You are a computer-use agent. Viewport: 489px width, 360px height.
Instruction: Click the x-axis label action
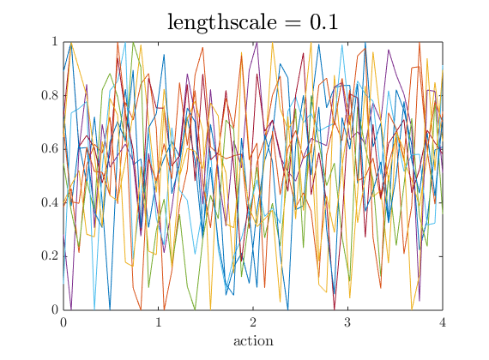pos(253,340)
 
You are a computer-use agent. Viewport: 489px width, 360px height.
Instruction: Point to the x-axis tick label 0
pos(63,322)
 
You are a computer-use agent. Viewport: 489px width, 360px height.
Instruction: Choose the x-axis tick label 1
pos(158,322)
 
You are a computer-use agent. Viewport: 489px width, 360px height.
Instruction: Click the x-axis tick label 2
pos(253,322)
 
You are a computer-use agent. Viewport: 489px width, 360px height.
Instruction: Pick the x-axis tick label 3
pos(347,322)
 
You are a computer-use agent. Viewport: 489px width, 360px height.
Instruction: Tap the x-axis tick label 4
pos(442,322)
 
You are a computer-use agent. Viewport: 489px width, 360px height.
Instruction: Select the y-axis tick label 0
pos(53,309)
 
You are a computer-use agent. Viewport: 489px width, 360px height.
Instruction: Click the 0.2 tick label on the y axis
pos(48,256)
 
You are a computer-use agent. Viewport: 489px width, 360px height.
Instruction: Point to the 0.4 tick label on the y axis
pos(48,202)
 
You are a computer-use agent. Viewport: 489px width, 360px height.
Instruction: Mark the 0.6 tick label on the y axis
pos(48,149)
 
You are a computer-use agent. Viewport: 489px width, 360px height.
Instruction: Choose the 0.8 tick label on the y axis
pos(48,95)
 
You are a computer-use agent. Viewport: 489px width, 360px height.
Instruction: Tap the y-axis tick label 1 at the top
pos(53,42)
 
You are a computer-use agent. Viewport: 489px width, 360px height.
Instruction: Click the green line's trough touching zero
pos(196,309)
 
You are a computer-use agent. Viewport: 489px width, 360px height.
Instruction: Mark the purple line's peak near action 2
pos(257,42)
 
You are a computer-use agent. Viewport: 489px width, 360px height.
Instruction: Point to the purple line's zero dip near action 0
pos(70,309)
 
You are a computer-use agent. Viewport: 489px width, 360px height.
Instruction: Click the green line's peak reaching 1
pos(133,42)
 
